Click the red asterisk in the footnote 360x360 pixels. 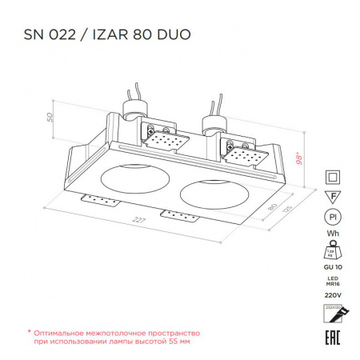pos(30,330)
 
